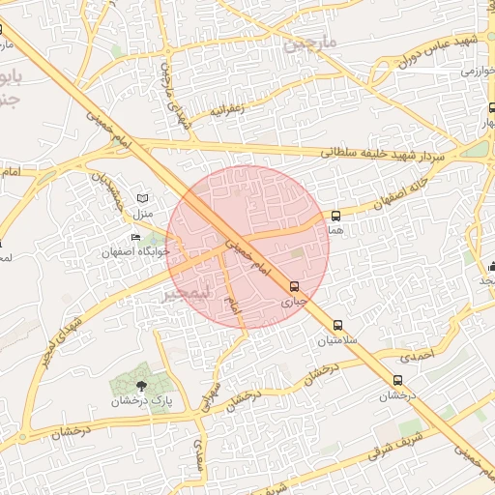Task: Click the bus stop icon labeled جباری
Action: (x=295, y=286)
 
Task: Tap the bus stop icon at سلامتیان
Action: (x=337, y=326)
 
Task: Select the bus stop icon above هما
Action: (x=335, y=216)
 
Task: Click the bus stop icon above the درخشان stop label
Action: (x=397, y=380)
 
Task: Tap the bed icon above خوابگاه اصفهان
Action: (x=136, y=237)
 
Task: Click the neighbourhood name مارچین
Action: (x=307, y=44)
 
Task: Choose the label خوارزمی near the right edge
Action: (x=478, y=71)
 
